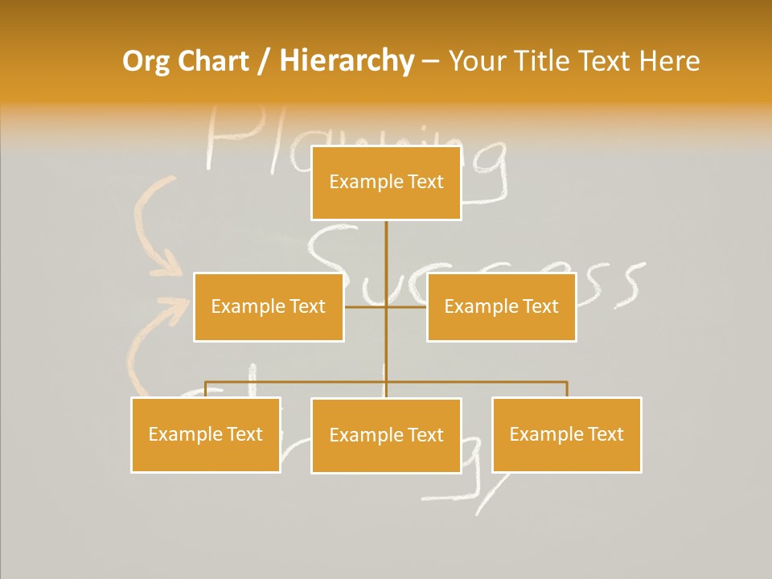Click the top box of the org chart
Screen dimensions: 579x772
[386, 183]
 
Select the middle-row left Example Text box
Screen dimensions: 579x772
[268, 306]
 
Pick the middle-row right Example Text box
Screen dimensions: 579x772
[501, 306]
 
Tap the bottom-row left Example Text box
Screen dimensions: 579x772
[205, 434]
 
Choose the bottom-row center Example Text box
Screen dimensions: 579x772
[386, 435]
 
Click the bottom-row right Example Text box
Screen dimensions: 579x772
[566, 434]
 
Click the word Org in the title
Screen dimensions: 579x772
[146, 62]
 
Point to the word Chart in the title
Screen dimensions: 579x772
[213, 61]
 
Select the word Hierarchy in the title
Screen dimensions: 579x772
[347, 62]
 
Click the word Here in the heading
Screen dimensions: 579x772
[669, 61]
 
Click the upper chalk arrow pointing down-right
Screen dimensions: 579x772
[155, 229]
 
